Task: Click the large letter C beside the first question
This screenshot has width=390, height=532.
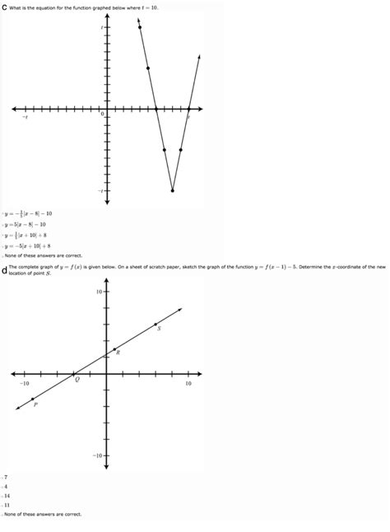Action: click(x=4, y=6)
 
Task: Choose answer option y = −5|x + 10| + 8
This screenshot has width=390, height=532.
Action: click(x=27, y=245)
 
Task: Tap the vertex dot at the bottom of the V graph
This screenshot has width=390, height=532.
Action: click(x=172, y=190)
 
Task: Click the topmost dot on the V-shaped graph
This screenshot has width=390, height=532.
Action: click(x=140, y=27)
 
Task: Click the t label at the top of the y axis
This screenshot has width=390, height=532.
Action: click(x=101, y=27)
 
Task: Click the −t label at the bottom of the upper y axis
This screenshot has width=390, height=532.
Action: click(x=100, y=191)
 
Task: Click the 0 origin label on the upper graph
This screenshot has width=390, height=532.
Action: click(x=102, y=114)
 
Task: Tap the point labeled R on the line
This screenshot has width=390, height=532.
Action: click(x=114, y=350)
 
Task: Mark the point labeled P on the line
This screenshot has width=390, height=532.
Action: click(x=34, y=399)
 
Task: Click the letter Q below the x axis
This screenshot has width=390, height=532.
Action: click(x=77, y=380)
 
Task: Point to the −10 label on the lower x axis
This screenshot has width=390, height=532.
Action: click(x=25, y=384)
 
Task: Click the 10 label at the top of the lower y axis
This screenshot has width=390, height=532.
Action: click(x=98, y=292)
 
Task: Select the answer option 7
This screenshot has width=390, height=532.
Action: click(x=6, y=477)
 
